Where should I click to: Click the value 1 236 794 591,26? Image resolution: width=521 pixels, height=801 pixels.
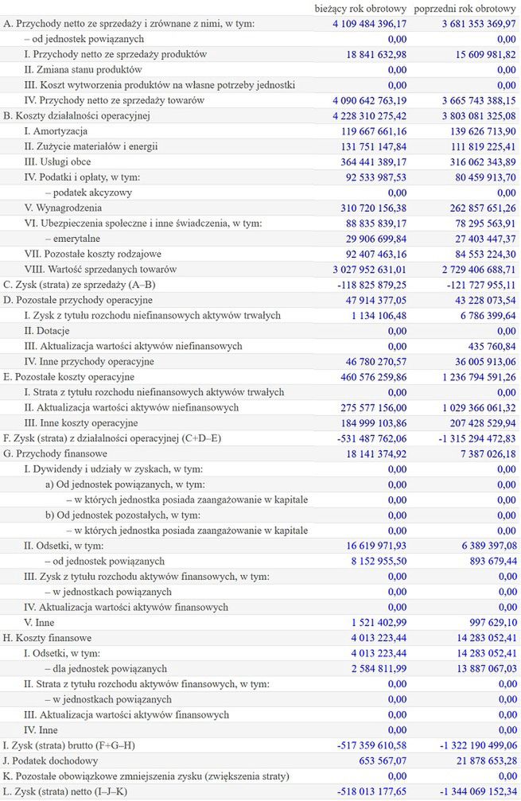pos(471,377)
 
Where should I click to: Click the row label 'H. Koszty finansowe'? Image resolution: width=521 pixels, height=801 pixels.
pos(47,638)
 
